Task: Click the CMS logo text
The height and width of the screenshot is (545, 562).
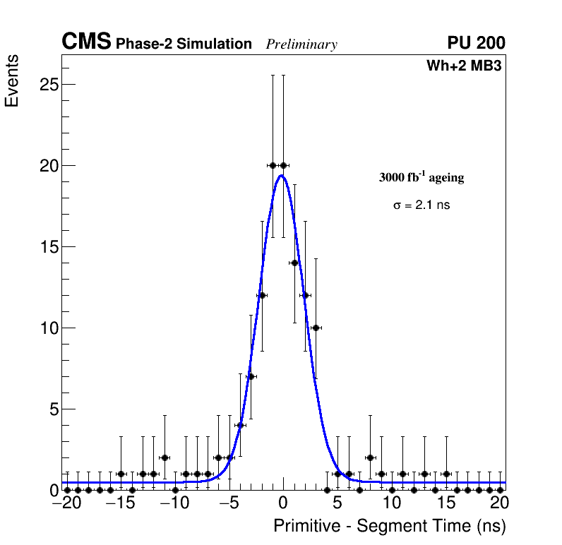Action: tap(86, 42)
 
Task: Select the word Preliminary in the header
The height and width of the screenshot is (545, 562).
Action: tap(301, 44)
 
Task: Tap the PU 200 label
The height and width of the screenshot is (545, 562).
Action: tap(476, 43)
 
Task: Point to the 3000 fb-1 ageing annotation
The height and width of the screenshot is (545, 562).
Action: tap(421, 177)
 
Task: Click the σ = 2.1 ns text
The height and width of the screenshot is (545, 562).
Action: tap(421, 205)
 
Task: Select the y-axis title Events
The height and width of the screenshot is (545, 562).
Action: tap(12, 80)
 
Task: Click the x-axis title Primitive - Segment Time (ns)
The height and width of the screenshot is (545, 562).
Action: tap(390, 526)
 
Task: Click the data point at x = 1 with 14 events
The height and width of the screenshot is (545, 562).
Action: tap(294, 263)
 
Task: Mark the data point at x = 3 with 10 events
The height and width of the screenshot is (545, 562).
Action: tap(316, 328)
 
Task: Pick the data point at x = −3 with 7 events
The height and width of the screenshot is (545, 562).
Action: tap(251, 376)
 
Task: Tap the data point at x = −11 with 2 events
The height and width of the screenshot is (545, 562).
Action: tap(165, 457)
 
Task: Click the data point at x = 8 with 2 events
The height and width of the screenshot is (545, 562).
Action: tap(370, 457)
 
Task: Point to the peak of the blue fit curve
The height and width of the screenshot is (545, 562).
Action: tap(282, 176)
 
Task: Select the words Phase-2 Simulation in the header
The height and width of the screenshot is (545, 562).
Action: tap(184, 44)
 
